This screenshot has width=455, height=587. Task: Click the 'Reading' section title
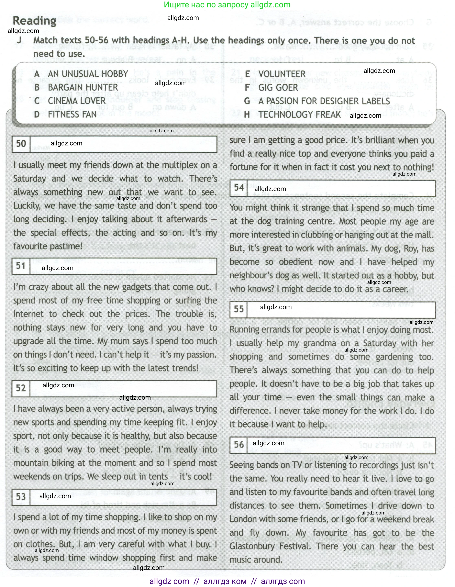click(x=35, y=21)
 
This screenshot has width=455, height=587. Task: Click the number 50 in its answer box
click(x=21, y=144)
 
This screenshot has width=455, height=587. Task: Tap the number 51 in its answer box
click(x=21, y=266)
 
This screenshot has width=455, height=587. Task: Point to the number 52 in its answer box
click(x=21, y=388)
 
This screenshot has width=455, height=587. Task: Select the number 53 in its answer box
click(x=21, y=497)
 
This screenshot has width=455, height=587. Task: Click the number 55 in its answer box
click(x=239, y=309)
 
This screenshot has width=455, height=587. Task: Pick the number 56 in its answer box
click(x=239, y=445)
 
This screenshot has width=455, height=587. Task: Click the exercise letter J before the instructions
click(x=19, y=40)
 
